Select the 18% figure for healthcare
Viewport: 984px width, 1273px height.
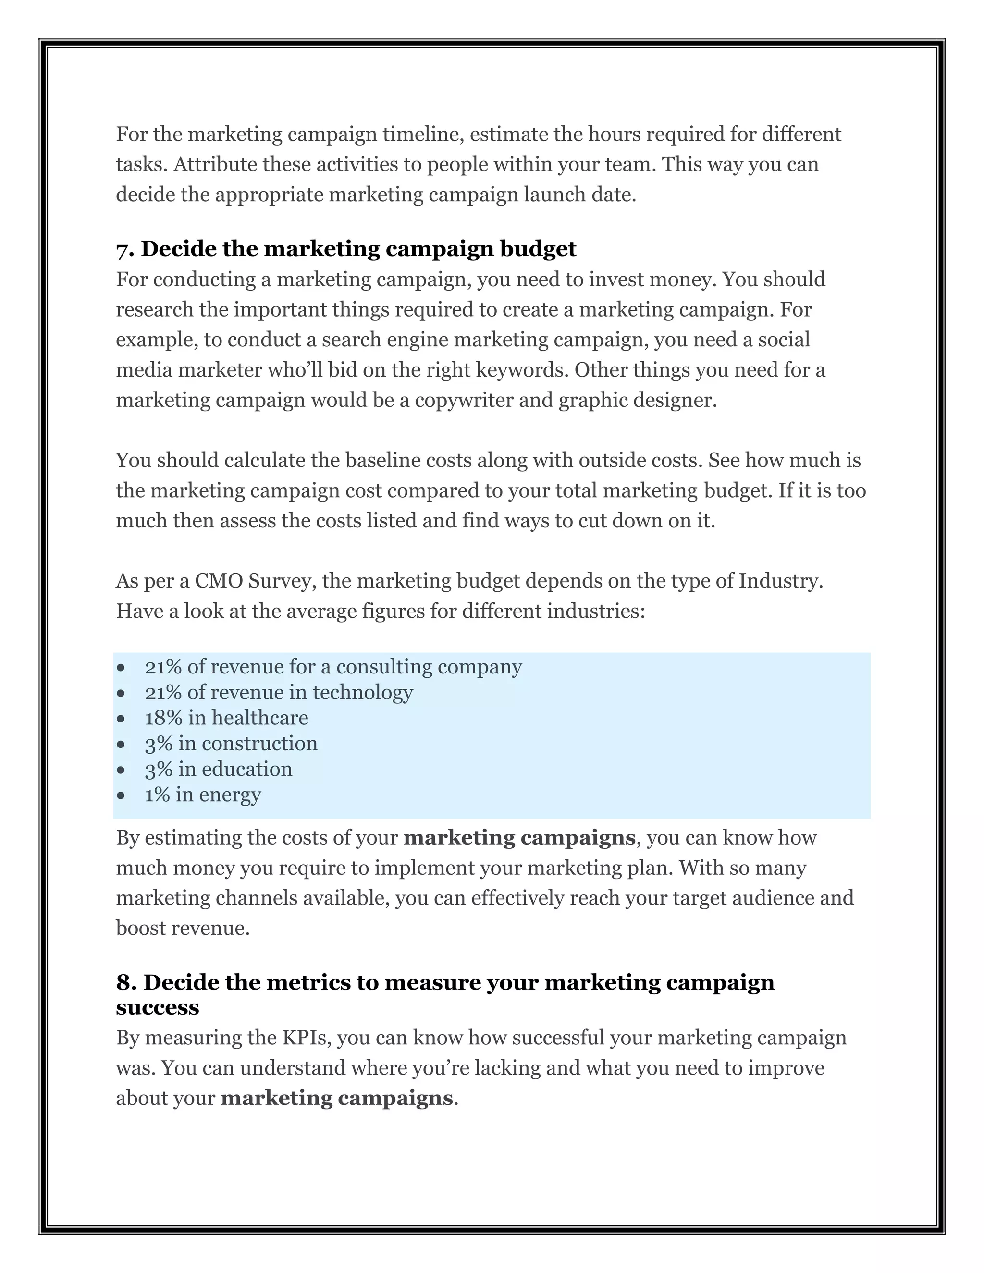coord(163,718)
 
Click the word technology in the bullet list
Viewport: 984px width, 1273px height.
coord(363,692)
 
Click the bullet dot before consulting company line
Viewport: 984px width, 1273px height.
coord(121,667)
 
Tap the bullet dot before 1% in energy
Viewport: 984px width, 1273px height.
coord(121,796)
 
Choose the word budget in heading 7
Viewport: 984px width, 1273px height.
coord(538,249)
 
